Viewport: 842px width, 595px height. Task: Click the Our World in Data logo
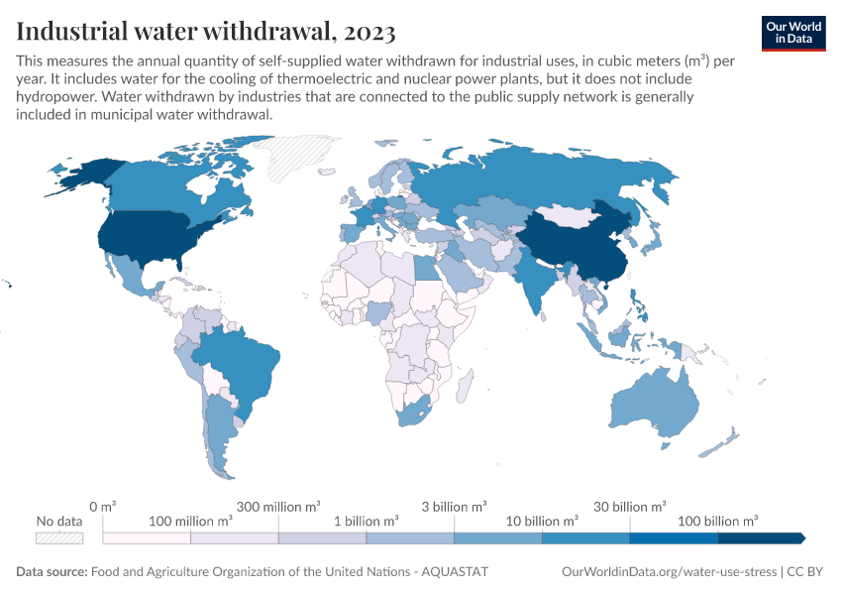[793, 34]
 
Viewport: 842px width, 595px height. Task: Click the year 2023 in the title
[369, 31]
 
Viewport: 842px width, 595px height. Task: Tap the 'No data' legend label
[59, 521]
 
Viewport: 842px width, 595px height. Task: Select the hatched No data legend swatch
[59, 538]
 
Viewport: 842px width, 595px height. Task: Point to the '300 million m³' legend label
[278, 507]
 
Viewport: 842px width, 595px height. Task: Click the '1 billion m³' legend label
[367, 521]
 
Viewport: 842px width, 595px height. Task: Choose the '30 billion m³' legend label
[629, 507]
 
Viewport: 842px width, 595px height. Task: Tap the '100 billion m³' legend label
[717, 521]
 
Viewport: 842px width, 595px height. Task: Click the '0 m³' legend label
[103, 507]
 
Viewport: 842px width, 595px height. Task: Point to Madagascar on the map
[465, 385]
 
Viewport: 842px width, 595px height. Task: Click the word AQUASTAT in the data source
[455, 571]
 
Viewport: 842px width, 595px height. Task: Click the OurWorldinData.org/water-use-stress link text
[669, 571]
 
